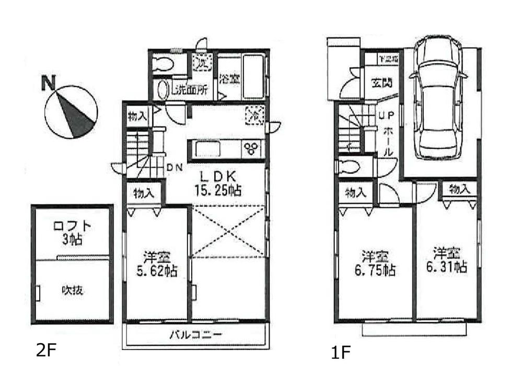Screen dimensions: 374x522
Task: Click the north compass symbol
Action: click(x=70, y=112)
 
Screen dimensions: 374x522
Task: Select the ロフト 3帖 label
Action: click(x=73, y=233)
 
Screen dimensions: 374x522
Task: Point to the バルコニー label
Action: click(x=196, y=335)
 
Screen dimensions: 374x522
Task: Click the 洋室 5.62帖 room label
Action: click(x=157, y=264)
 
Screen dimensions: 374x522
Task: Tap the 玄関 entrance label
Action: click(x=382, y=83)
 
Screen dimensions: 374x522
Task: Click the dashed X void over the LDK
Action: click(x=228, y=231)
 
